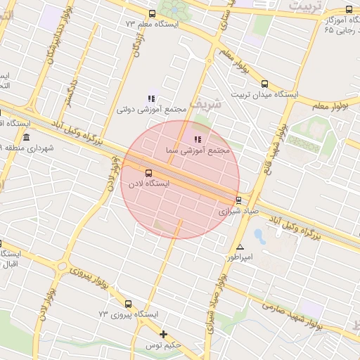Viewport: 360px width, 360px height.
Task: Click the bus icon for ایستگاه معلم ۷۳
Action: coord(152,14)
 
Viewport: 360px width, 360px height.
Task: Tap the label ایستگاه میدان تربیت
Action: coord(266,94)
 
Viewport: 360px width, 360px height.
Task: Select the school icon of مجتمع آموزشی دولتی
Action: coord(150,98)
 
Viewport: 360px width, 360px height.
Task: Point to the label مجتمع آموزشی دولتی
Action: coord(151,110)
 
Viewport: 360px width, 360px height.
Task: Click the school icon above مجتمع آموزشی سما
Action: coord(197,139)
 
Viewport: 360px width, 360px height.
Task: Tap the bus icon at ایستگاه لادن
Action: coord(148,172)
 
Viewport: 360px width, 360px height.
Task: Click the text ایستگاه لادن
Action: coord(148,184)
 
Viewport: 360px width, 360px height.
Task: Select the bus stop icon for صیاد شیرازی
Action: coord(239,200)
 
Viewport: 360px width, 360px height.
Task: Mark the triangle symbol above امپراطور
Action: coord(240,247)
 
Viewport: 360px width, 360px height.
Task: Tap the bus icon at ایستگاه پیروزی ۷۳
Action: coord(127,304)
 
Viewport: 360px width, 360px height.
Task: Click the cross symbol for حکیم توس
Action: coord(163,334)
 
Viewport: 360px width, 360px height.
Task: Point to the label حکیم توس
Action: coord(164,345)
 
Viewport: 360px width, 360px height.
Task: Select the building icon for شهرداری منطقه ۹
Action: coord(26,136)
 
